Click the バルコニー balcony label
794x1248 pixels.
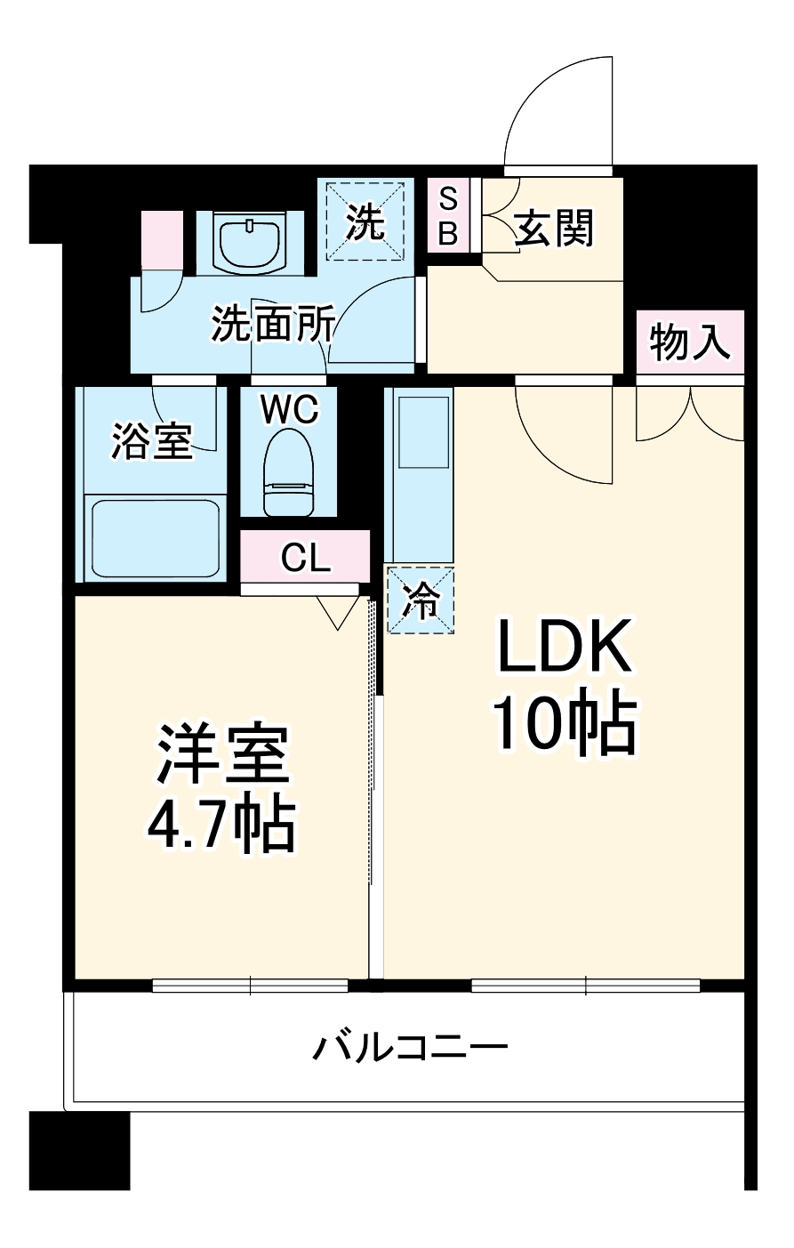click(x=410, y=1046)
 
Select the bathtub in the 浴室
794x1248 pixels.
click(x=156, y=539)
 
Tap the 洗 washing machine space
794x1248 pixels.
click(x=365, y=221)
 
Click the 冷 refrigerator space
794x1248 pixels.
click(x=420, y=601)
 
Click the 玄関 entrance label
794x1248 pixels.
click(x=554, y=229)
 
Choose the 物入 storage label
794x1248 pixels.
click(x=690, y=342)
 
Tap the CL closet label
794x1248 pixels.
click(x=305, y=557)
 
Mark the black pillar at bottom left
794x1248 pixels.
click(x=79, y=1149)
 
